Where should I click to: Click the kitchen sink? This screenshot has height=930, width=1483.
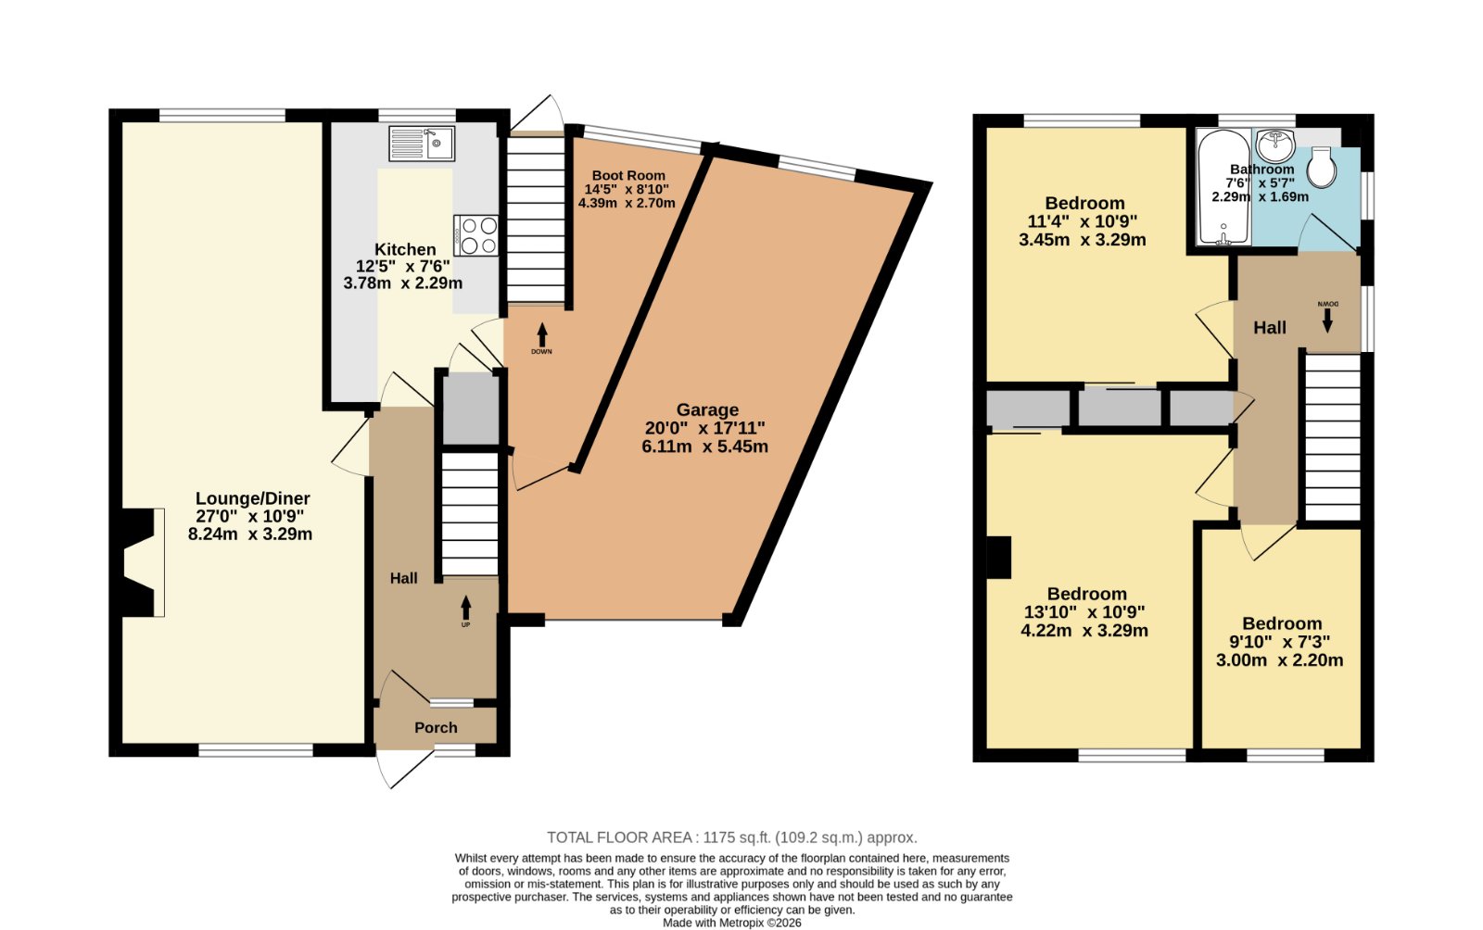click(422, 144)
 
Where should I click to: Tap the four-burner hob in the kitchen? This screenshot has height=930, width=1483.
click(475, 234)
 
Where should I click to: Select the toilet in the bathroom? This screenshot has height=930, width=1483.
click(1322, 167)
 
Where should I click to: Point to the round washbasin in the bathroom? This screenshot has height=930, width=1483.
click(1275, 145)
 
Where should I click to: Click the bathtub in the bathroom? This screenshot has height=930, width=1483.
click(1223, 188)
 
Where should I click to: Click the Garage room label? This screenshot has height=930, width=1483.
click(707, 410)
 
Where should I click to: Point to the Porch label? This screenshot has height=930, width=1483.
click(436, 727)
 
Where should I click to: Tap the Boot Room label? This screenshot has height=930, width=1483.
click(628, 175)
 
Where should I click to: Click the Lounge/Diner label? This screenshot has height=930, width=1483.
click(252, 498)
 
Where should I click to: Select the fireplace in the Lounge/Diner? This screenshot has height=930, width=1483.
click(140, 562)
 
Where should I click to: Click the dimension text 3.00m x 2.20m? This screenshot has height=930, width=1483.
click(1280, 660)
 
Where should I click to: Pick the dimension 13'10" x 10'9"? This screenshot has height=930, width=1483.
click(1084, 612)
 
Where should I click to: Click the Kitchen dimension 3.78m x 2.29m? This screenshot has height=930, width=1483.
click(402, 283)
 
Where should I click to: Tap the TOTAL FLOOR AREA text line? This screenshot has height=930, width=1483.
click(731, 837)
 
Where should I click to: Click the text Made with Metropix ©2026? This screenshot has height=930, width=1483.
click(731, 923)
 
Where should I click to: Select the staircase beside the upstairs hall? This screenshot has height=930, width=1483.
click(1333, 437)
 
